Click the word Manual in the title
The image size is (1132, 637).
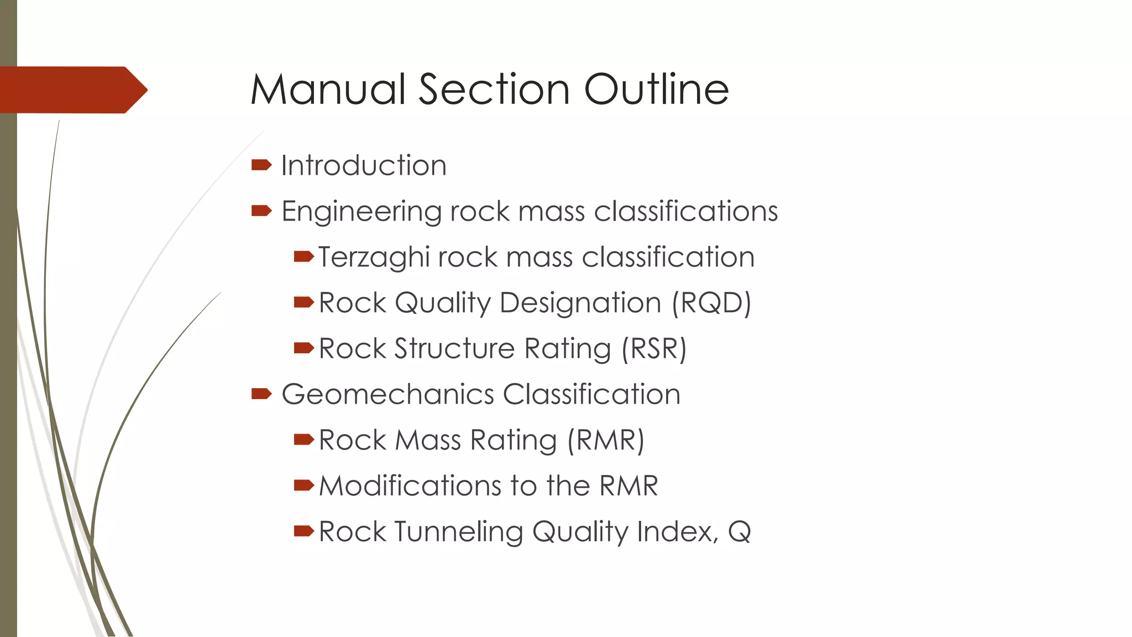tap(328, 90)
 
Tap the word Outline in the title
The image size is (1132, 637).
tap(657, 90)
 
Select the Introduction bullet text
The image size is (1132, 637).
tap(364, 165)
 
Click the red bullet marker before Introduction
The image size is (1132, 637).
tap(261, 165)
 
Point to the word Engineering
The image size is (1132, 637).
tap(360, 212)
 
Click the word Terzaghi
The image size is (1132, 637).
tap(374, 258)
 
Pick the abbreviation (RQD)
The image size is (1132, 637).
tap(711, 303)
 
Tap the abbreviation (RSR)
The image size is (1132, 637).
tap(654, 349)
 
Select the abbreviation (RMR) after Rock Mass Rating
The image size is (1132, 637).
tap(606, 441)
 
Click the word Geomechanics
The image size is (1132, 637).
tap(387, 394)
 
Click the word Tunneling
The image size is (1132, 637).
tap(459, 532)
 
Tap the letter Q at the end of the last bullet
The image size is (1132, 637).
tap(739, 532)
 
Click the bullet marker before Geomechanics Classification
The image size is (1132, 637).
tap(261, 394)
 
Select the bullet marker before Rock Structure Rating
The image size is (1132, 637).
tap(303, 348)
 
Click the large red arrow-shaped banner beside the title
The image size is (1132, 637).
tap(72, 90)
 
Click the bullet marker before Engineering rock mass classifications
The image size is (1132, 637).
tap(261, 211)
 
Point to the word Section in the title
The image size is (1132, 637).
tap(494, 90)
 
